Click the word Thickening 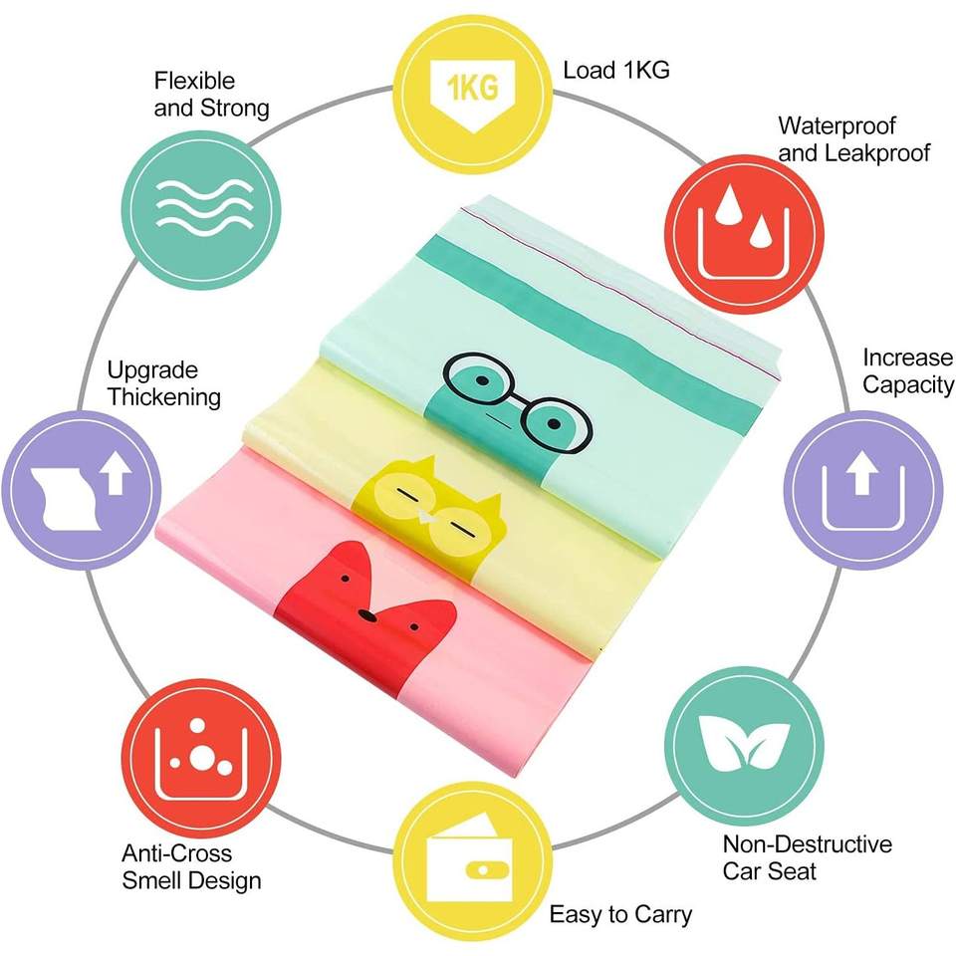tap(164, 396)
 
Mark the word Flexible tap(194, 81)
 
